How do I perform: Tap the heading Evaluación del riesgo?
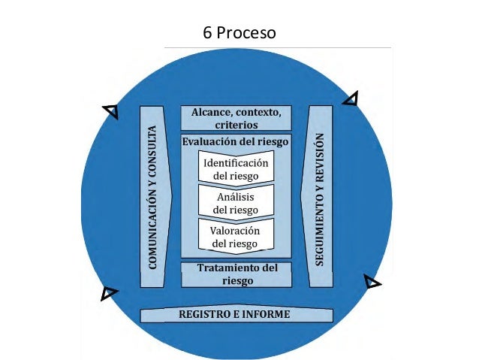click(236, 141)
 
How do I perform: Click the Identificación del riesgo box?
click(236, 168)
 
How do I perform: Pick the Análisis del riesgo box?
click(236, 202)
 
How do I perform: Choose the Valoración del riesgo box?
click(236, 236)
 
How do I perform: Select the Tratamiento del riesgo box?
click(236, 274)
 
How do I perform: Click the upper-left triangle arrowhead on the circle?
click(111, 111)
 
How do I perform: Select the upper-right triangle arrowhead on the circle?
click(351, 98)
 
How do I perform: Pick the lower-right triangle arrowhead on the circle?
click(372, 283)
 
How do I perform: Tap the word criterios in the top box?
click(236, 126)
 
